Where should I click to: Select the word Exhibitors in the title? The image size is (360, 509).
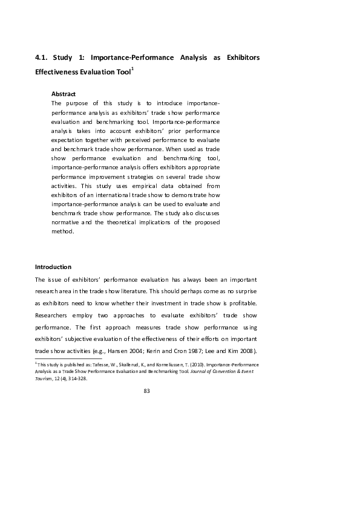[x=242, y=58]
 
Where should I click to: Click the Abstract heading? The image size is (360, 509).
[x=64, y=94]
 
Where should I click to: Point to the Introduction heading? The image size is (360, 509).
[x=53, y=267]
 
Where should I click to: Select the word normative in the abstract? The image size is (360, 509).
[x=65, y=221]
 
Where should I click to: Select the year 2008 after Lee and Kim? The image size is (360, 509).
[x=248, y=351]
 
